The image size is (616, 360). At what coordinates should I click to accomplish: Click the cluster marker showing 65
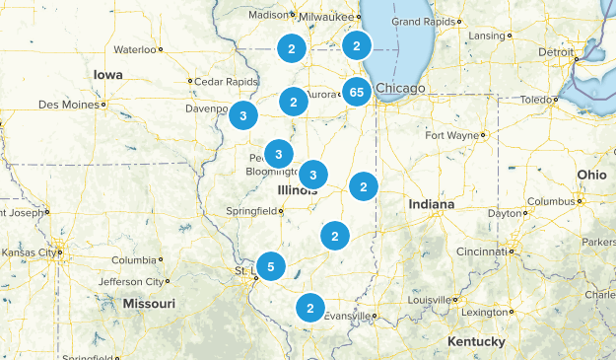click(357, 93)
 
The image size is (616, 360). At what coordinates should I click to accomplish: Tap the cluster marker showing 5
click(270, 265)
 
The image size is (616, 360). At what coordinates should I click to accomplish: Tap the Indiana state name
click(432, 204)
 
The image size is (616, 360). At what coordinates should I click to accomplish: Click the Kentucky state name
click(476, 341)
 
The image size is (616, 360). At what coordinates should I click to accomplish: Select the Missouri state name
click(149, 304)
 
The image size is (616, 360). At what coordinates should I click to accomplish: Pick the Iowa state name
click(107, 75)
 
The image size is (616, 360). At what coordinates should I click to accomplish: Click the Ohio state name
click(592, 174)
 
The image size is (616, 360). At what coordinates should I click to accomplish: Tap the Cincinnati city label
click(482, 252)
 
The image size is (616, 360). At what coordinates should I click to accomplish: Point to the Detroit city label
click(555, 51)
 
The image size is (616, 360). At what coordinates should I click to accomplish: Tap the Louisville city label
click(428, 299)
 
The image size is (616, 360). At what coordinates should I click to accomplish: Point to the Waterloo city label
click(135, 49)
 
